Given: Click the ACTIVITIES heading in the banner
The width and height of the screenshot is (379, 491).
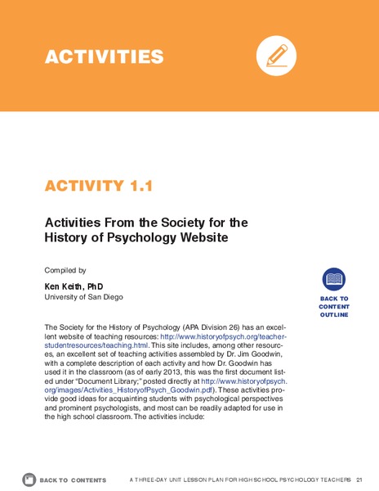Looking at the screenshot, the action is click(x=105, y=56).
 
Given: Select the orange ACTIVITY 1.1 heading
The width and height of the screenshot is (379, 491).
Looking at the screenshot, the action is click(x=99, y=186).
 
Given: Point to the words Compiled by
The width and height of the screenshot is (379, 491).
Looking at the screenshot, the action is click(x=65, y=269).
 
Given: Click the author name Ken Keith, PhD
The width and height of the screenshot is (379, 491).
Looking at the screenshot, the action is click(x=74, y=286).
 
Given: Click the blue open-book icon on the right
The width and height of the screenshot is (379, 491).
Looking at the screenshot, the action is click(x=333, y=279).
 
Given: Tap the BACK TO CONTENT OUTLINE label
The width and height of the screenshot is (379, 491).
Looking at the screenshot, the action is click(x=333, y=307).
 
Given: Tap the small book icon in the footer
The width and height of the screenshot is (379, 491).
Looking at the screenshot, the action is click(x=29, y=479).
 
